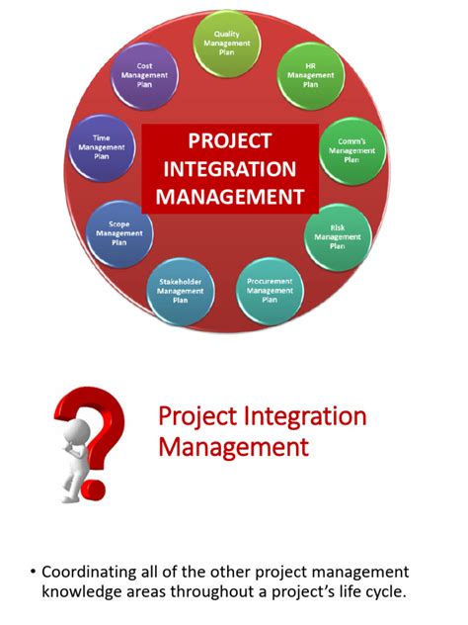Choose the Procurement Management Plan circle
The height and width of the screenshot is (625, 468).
point(269,291)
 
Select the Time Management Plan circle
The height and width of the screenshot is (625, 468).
point(101,147)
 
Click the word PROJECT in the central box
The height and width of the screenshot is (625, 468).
point(229,141)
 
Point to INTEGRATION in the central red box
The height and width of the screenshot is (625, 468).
point(229,169)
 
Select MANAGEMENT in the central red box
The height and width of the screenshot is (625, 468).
point(229,197)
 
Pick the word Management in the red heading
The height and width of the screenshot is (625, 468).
point(233,447)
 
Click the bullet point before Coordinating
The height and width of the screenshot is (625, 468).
point(33,572)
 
